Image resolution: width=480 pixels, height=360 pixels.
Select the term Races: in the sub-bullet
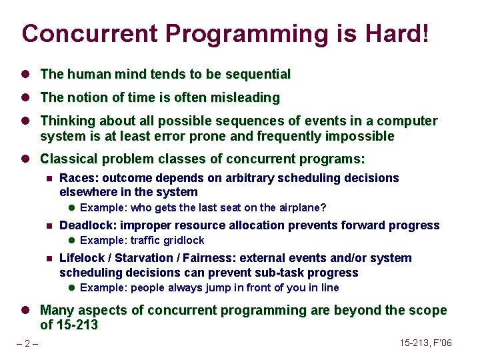point(78,178)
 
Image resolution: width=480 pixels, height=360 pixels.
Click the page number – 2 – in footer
point(27,343)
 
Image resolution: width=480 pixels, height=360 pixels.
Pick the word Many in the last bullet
point(57,311)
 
